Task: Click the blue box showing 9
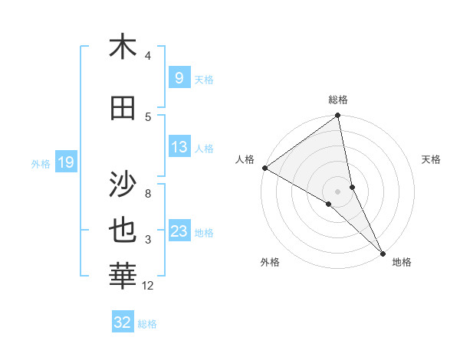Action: click(x=179, y=78)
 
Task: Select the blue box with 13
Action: click(x=179, y=147)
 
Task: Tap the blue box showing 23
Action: click(x=179, y=231)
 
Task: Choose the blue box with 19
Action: click(x=65, y=162)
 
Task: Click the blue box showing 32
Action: click(x=123, y=322)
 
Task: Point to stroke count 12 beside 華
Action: click(x=148, y=286)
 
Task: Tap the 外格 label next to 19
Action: click(x=41, y=163)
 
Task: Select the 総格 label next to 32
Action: click(x=147, y=323)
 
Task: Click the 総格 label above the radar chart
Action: click(x=338, y=100)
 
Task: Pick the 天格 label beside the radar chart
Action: click(x=432, y=159)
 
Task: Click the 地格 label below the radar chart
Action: click(x=402, y=262)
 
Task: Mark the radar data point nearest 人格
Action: click(x=264, y=168)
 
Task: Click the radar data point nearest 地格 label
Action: click(x=383, y=253)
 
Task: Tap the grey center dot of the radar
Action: click(x=338, y=191)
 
